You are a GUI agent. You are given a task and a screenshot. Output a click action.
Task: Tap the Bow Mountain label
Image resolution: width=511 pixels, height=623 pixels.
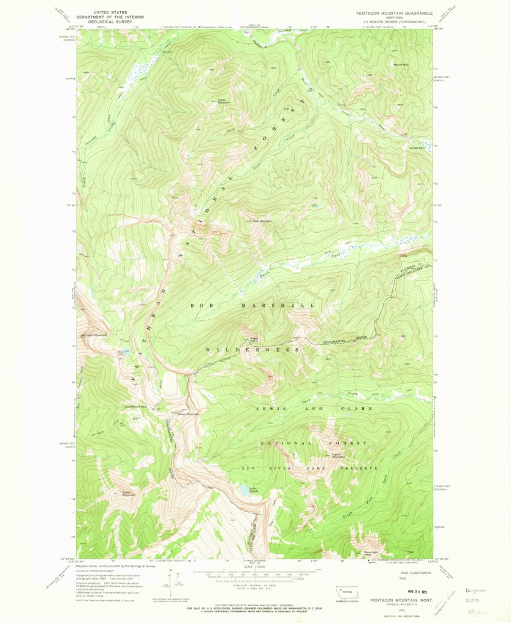pos(262,221)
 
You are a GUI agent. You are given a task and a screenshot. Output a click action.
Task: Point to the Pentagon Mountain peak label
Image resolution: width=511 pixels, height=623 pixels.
pos(93,335)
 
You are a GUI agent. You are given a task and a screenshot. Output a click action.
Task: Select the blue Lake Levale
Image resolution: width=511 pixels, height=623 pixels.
pos(245,490)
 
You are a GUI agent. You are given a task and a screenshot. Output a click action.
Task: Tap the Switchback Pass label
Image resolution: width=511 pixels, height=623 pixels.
pos(136,406)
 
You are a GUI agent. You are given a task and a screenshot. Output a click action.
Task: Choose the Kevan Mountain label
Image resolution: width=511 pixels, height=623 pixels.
pos(189,414)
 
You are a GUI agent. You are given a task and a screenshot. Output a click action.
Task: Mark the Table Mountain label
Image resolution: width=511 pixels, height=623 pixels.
pos(127,493)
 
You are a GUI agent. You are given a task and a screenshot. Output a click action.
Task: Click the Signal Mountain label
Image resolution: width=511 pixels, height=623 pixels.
pos(339,455)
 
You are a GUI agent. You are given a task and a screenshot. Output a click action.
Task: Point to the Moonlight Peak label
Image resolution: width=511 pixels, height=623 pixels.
pos(372,553)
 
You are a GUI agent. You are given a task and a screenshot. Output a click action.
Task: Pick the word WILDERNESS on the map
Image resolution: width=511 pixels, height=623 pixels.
pos(252,349)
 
